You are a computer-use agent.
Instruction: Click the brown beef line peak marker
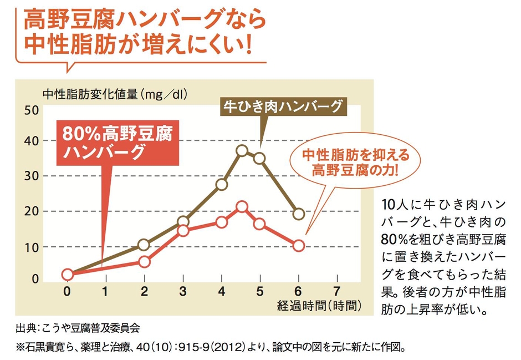(x=242, y=150)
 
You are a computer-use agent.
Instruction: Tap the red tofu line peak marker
(x=242, y=207)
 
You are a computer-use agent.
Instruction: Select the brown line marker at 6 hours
(x=299, y=214)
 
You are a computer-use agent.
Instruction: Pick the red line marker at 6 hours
(x=299, y=245)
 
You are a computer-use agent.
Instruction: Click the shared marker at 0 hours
(x=67, y=274)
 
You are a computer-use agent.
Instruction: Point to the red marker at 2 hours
(x=144, y=261)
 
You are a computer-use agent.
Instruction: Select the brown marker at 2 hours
(x=144, y=245)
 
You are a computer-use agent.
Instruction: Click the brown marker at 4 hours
(x=222, y=184)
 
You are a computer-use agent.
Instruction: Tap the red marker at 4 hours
(x=222, y=222)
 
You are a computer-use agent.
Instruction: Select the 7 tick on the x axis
(x=337, y=291)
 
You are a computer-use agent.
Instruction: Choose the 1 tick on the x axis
(x=105, y=291)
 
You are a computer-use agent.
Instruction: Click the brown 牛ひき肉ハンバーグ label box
(x=284, y=106)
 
